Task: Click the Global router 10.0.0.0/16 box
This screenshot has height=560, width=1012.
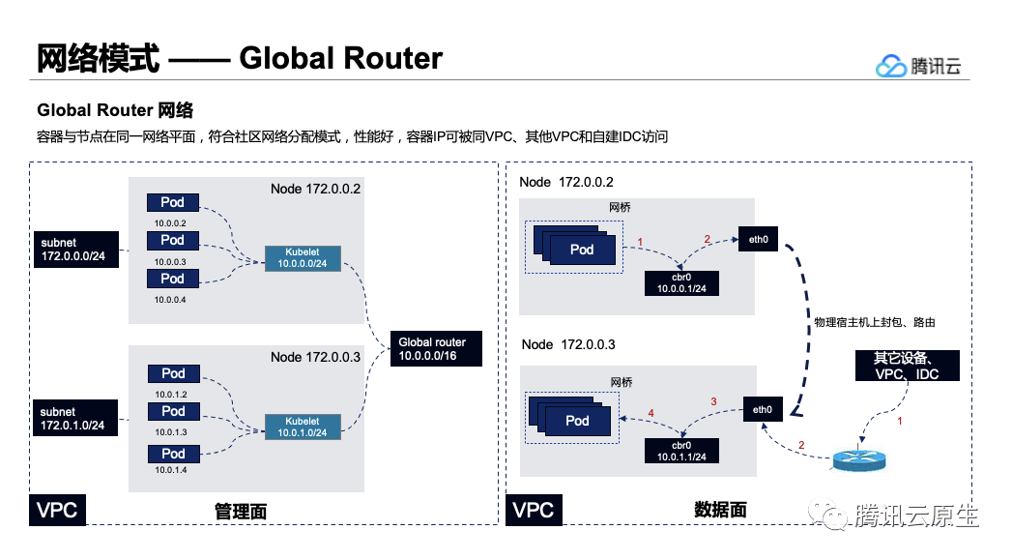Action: tap(432, 349)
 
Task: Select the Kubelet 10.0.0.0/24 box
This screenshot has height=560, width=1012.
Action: tap(303, 258)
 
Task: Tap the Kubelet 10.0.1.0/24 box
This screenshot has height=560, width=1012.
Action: tap(303, 427)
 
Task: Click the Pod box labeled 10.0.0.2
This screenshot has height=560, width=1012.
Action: tap(173, 203)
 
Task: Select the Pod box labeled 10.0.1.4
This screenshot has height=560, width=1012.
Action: tap(173, 453)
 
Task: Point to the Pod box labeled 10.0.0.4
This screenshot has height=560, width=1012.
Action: tap(173, 279)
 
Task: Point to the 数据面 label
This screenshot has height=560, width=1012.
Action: tap(719, 510)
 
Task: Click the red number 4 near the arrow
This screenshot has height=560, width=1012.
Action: tap(651, 413)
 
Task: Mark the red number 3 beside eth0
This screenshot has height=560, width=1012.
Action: tap(714, 400)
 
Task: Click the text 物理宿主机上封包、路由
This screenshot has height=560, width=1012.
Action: tap(875, 321)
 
